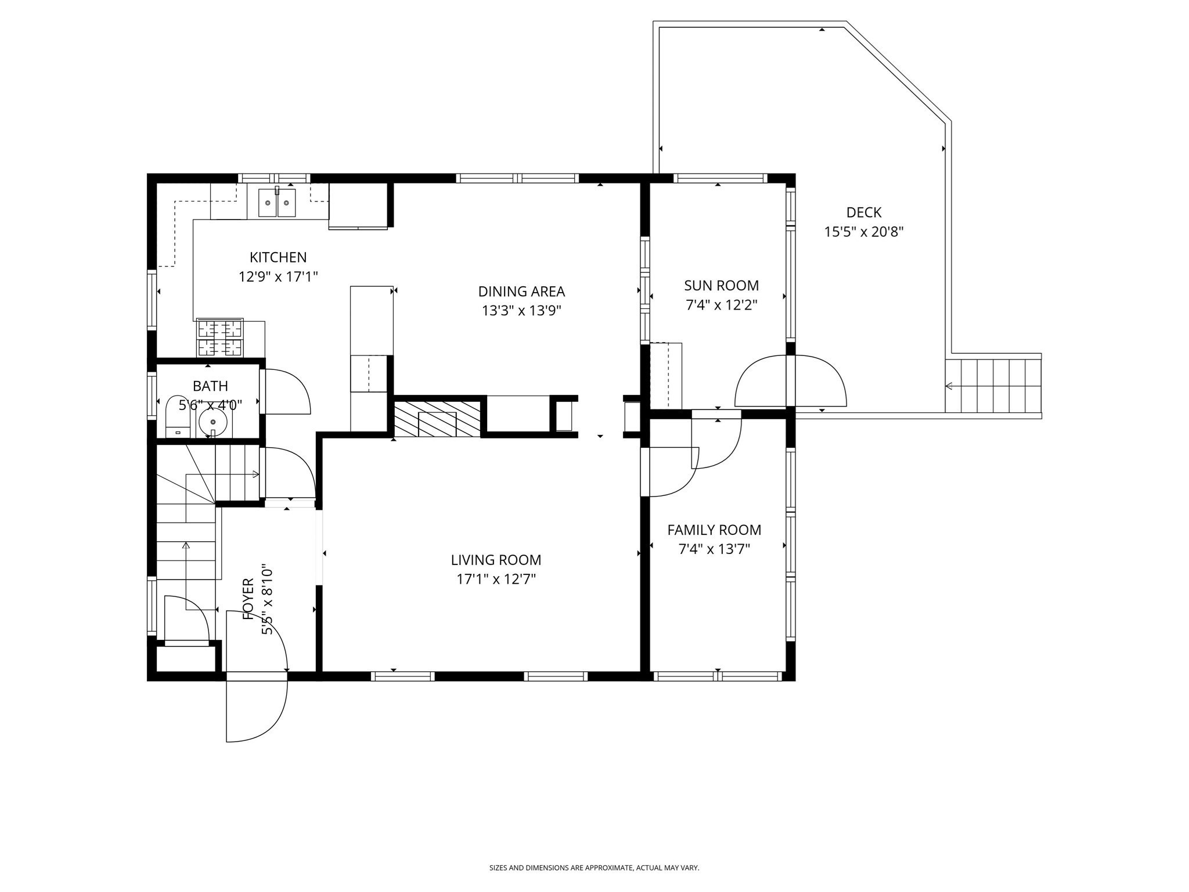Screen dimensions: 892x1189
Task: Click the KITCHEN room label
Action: point(278,257)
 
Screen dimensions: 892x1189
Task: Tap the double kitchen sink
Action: point(277,203)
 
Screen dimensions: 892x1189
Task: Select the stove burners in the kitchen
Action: point(220,337)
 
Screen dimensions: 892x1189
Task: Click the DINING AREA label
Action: point(521,292)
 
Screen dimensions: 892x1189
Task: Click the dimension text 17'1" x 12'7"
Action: point(496,579)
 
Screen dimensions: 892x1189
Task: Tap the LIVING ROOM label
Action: point(496,560)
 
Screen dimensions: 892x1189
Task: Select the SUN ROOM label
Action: point(721,286)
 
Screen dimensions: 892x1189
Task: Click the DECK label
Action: point(864,213)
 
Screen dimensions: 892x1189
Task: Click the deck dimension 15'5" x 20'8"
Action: point(864,232)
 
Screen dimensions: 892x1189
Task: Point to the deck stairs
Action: point(993,386)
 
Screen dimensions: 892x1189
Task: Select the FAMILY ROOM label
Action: point(714,530)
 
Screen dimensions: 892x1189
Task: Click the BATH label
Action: point(210,386)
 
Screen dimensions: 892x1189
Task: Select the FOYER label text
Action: point(248,598)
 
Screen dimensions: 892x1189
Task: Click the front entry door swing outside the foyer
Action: point(257,711)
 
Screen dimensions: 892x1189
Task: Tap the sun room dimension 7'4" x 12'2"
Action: point(721,305)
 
